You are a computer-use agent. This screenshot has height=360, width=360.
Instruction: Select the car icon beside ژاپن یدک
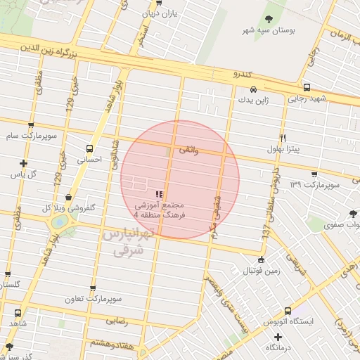tap(252, 90)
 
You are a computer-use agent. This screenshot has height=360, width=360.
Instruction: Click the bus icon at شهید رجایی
tap(289, 98)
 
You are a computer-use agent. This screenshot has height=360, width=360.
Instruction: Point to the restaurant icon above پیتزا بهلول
tap(283, 137)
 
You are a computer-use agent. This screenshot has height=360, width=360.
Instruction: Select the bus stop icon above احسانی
tap(89, 148)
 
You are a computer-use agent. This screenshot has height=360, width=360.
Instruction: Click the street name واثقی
tap(191, 150)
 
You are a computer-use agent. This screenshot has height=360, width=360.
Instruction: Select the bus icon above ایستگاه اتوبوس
tap(288, 311)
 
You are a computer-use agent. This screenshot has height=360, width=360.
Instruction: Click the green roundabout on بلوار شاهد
tap(60, 222)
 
